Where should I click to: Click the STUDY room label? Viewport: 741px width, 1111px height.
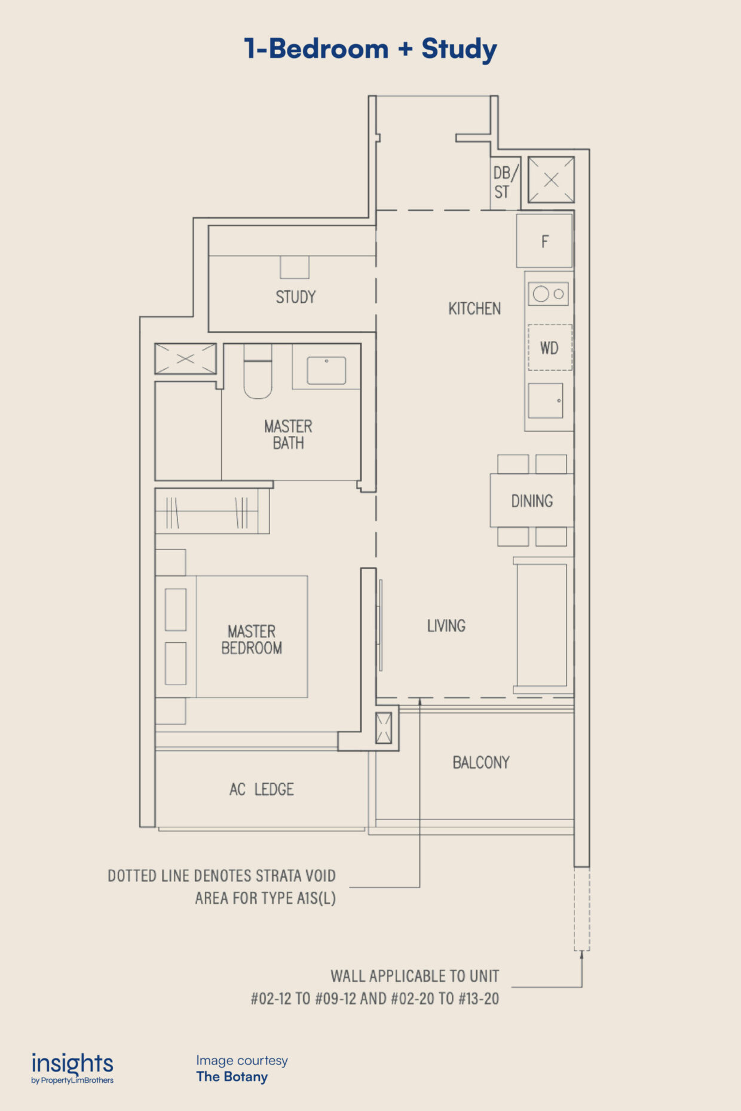[x=296, y=297]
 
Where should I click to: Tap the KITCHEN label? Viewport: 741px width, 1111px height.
[x=474, y=309]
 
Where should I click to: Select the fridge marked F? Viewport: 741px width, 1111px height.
[x=544, y=241]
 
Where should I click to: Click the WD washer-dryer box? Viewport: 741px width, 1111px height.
[x=550, y=348]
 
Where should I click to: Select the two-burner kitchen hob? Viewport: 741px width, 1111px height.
[x=549, y=294]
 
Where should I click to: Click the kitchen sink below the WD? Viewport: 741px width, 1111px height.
[x=546, y=400]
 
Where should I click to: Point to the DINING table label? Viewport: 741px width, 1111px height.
[x=532, y=501]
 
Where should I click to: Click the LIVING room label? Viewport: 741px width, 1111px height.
[x=446, y=626]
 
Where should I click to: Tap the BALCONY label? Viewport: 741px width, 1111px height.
[x=481, y=763]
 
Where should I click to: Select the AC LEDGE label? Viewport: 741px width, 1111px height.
[x=262, y=790]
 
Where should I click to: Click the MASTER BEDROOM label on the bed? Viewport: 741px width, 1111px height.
[x=252, y=640]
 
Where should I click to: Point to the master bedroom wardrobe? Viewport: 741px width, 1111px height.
[x=212, y=511]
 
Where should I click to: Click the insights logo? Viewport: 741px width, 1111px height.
[x=72, y=1068]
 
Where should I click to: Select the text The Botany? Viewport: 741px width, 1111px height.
[x=232, y=1077]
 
